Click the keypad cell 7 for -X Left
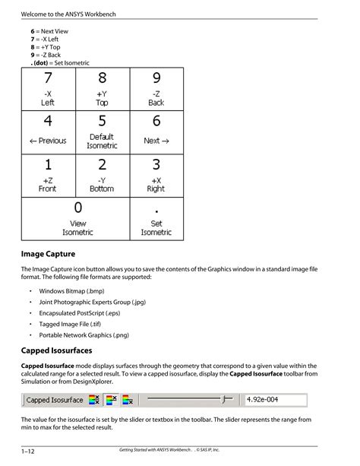point(47,89)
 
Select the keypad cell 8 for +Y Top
point(102,89)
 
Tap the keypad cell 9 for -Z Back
point(156,89)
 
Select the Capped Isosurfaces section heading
point(56,350)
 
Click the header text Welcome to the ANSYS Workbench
point(68,15)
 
